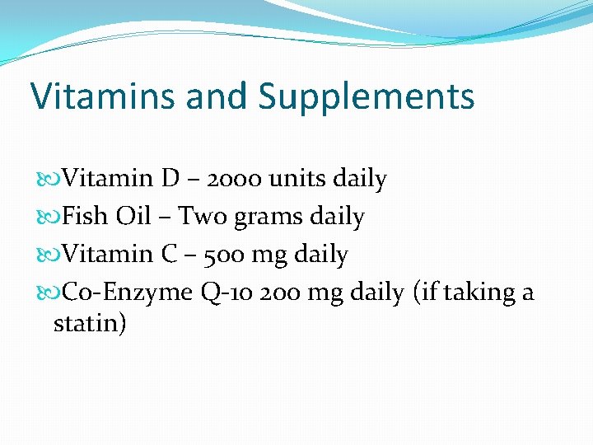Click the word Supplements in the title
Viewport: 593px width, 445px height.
(x=367, y=97)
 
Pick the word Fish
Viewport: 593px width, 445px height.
(x=86, y=216)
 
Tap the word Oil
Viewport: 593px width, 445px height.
(x=133, y=216)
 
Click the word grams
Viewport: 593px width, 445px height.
(x=268, y=218)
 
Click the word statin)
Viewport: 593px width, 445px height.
(x=90, y=322)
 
